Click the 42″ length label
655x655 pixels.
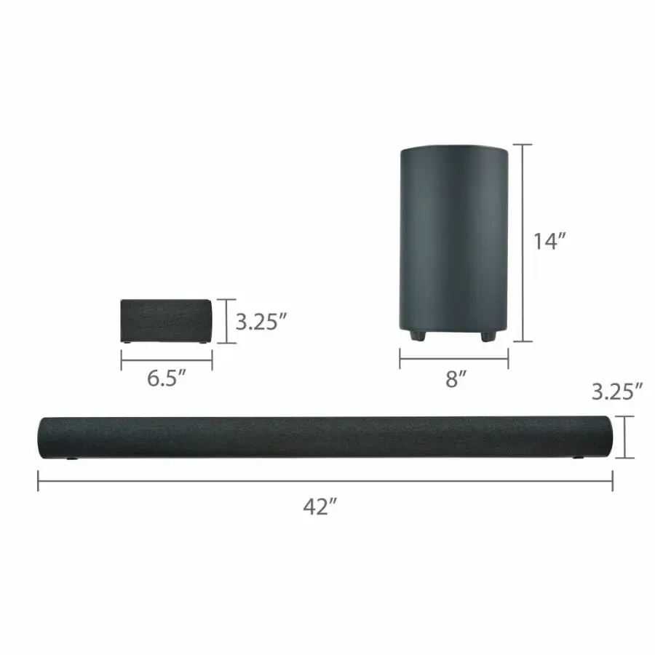[318, 508]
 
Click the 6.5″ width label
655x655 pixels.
[166, 379]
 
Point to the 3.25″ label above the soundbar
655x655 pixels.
[616, 392]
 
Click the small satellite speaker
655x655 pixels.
[166, 321]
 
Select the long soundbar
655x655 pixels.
[325, 437]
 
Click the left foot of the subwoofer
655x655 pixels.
[417, 336]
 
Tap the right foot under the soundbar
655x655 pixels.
[579, 458]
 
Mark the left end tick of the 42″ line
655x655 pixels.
[39, 480]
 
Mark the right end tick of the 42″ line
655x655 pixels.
[612, 480]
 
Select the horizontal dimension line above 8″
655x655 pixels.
[453, 357]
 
